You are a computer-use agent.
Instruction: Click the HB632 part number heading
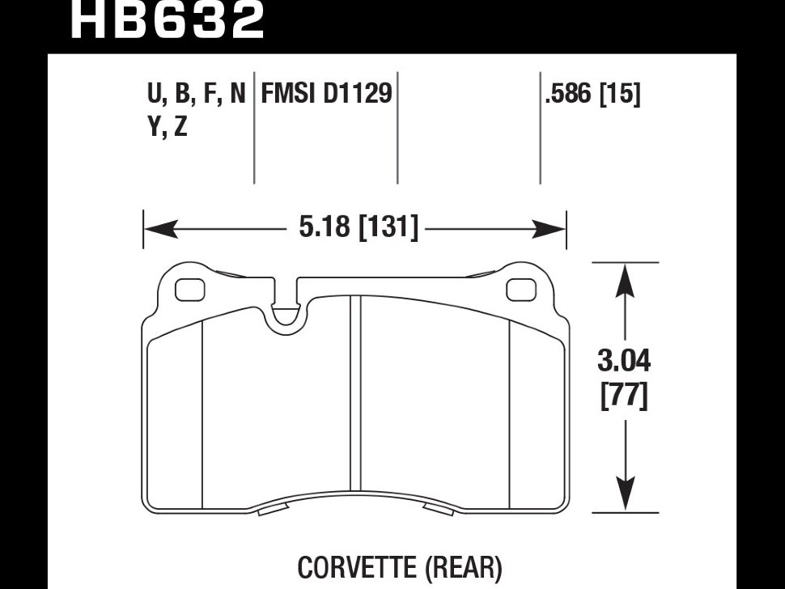coord(168,20)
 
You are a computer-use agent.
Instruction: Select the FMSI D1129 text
coord(325,95)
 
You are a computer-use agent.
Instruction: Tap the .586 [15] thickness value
coord(592,95)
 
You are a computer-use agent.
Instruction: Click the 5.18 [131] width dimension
coord(359,229)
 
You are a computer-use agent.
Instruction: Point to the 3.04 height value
coord(624,361)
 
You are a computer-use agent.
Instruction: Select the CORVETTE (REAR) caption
coord(400,568)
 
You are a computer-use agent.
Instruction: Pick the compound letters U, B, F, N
coord(196,95)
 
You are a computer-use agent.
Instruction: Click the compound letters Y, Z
coord(168,127)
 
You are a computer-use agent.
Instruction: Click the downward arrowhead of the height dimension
coord(624,494)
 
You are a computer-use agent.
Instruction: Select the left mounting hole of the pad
coord(190,288)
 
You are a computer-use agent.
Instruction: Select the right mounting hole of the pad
coord(520,288)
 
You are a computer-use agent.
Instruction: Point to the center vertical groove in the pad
coord(354,396)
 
